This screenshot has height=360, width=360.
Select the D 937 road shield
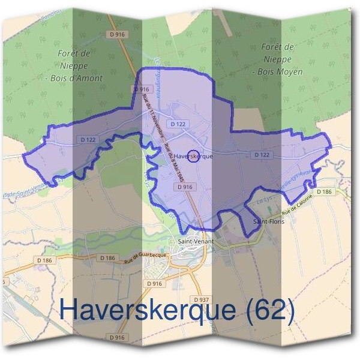point(201,299)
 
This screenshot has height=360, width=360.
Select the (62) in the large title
point(269,310)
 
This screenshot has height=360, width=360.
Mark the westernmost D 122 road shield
point(88,139)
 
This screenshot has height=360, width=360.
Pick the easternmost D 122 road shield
point(262,155)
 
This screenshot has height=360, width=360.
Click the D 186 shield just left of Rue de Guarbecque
point(109,257)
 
